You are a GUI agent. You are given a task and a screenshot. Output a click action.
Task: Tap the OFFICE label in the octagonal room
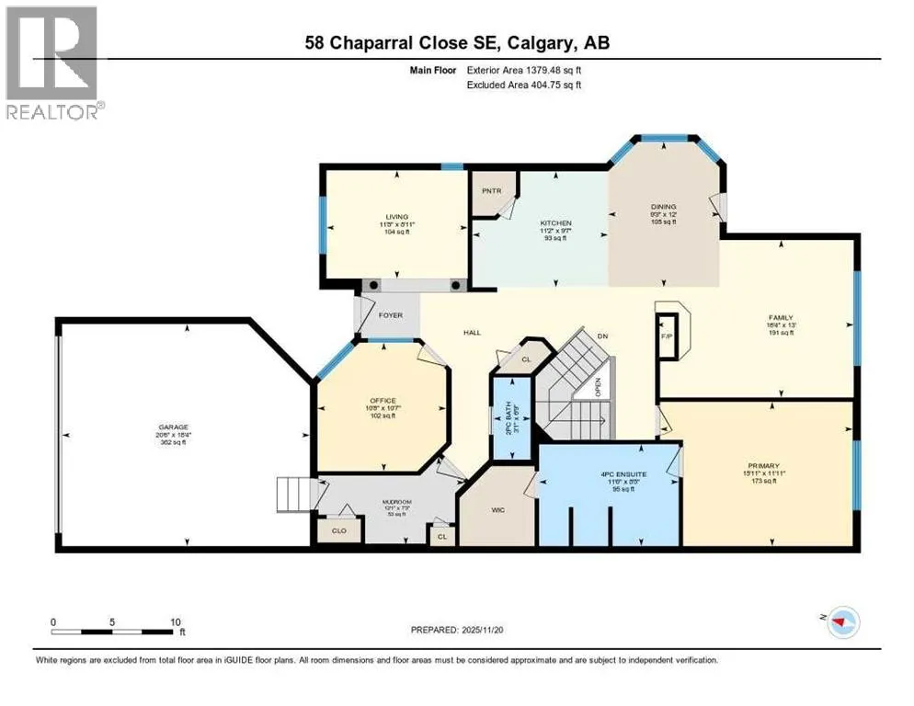coord(383,401)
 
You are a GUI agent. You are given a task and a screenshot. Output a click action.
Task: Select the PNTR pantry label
coord(488,192)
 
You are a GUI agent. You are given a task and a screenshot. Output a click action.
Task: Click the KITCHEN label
coord(555,223)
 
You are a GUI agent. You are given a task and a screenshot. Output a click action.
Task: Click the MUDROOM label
coord(398,502)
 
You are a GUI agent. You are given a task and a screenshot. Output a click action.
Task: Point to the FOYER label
coord(390,315)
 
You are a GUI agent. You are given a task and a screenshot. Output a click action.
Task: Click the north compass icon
coord(842,623)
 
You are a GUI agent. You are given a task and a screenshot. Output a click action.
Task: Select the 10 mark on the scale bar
coord(174,621)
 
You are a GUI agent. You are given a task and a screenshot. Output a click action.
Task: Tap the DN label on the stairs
coord(602,336)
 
